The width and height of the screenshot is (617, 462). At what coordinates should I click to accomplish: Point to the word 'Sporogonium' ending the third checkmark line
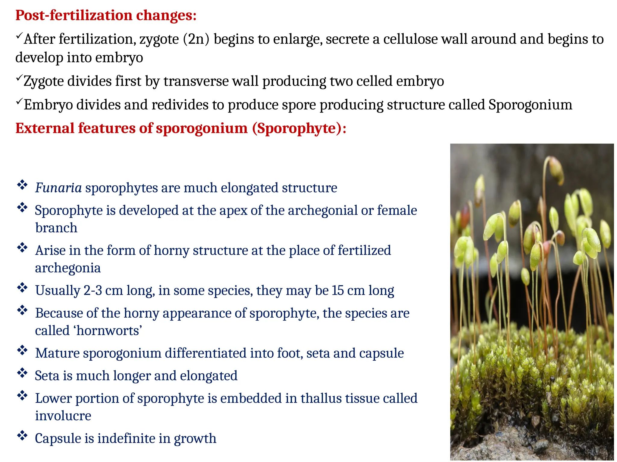530,105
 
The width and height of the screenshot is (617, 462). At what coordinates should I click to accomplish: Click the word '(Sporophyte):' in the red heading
299,128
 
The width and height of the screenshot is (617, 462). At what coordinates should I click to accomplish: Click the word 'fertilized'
364,250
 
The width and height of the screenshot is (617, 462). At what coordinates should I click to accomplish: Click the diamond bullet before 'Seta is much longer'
22,373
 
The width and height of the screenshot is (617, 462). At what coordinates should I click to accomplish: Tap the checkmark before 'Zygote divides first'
19,79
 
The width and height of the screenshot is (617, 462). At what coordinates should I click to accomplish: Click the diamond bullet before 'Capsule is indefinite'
22,436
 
